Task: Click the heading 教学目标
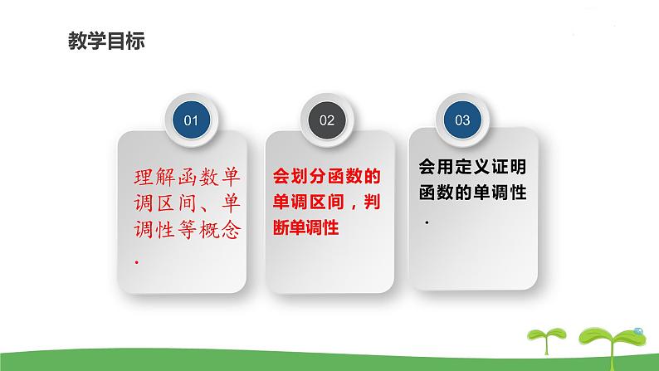tap(105, 41)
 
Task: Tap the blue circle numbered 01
tap(191, 120)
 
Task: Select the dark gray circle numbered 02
tap(327, 120)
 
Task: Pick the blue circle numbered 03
tap(462, 120)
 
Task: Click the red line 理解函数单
tap(188, 177)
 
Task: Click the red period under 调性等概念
tap(135, 261)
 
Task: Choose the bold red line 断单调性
tap(305, 228)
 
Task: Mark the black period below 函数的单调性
tap(427, 223)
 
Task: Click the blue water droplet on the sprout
tap(637, 332)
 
